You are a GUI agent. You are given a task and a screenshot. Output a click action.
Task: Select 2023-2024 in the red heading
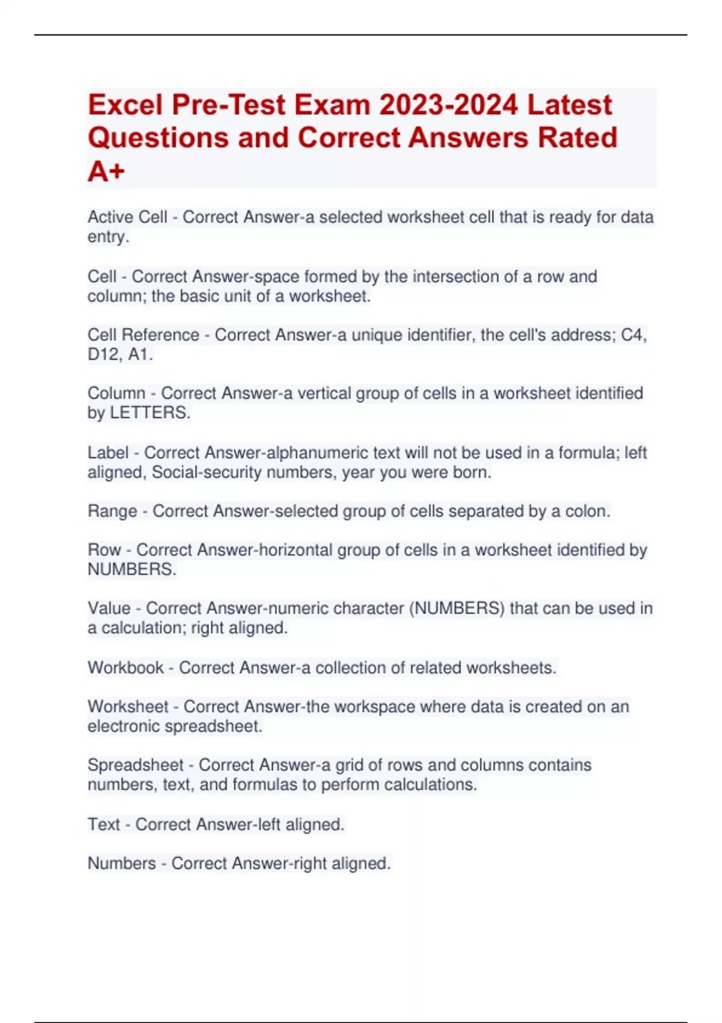click(448, 105)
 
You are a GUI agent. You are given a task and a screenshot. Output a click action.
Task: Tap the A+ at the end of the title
click(106, 172)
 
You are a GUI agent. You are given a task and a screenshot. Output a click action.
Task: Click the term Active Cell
click(127, 217)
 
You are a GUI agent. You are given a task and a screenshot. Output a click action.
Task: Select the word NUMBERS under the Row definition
click(132, 569)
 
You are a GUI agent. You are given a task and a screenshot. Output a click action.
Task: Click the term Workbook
click(125, 667)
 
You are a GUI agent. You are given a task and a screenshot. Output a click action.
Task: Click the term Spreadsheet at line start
click(135, 765)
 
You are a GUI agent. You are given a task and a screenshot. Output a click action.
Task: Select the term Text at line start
click(103, 824)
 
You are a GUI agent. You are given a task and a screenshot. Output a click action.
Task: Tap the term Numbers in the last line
click(122, 863)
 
